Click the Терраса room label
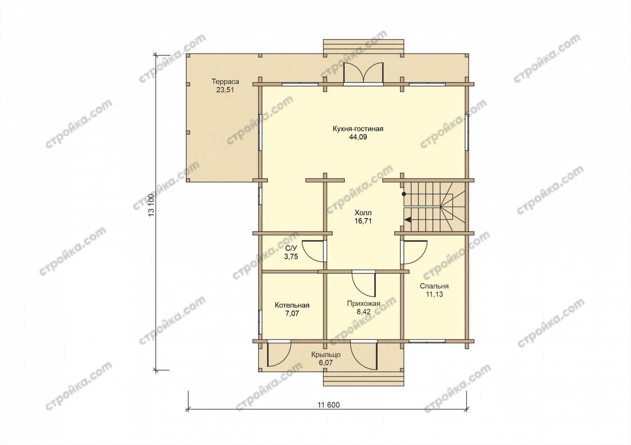point(225,82)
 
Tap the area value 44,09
point(358,137)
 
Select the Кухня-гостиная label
point(358,129)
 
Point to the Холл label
point(363,213)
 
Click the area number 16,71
point(363,221)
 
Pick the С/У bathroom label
point(291,248)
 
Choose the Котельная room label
point(292,305)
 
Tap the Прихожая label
point(364,304)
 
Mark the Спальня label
point(434,286)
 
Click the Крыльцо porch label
point(326,355)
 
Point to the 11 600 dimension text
point(328,405)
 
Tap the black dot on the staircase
point(404,194)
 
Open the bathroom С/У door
point(314,251)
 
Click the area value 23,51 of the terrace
point(225,90)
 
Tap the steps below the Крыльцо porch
point(364,379)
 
